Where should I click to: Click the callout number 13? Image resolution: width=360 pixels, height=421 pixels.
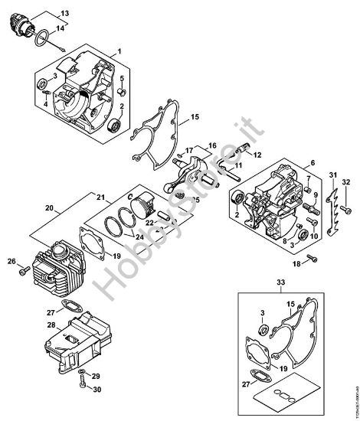(64, 13)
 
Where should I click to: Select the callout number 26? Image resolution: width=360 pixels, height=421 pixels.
(11, 263)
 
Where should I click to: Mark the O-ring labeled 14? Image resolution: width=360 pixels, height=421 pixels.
(47, 36)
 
